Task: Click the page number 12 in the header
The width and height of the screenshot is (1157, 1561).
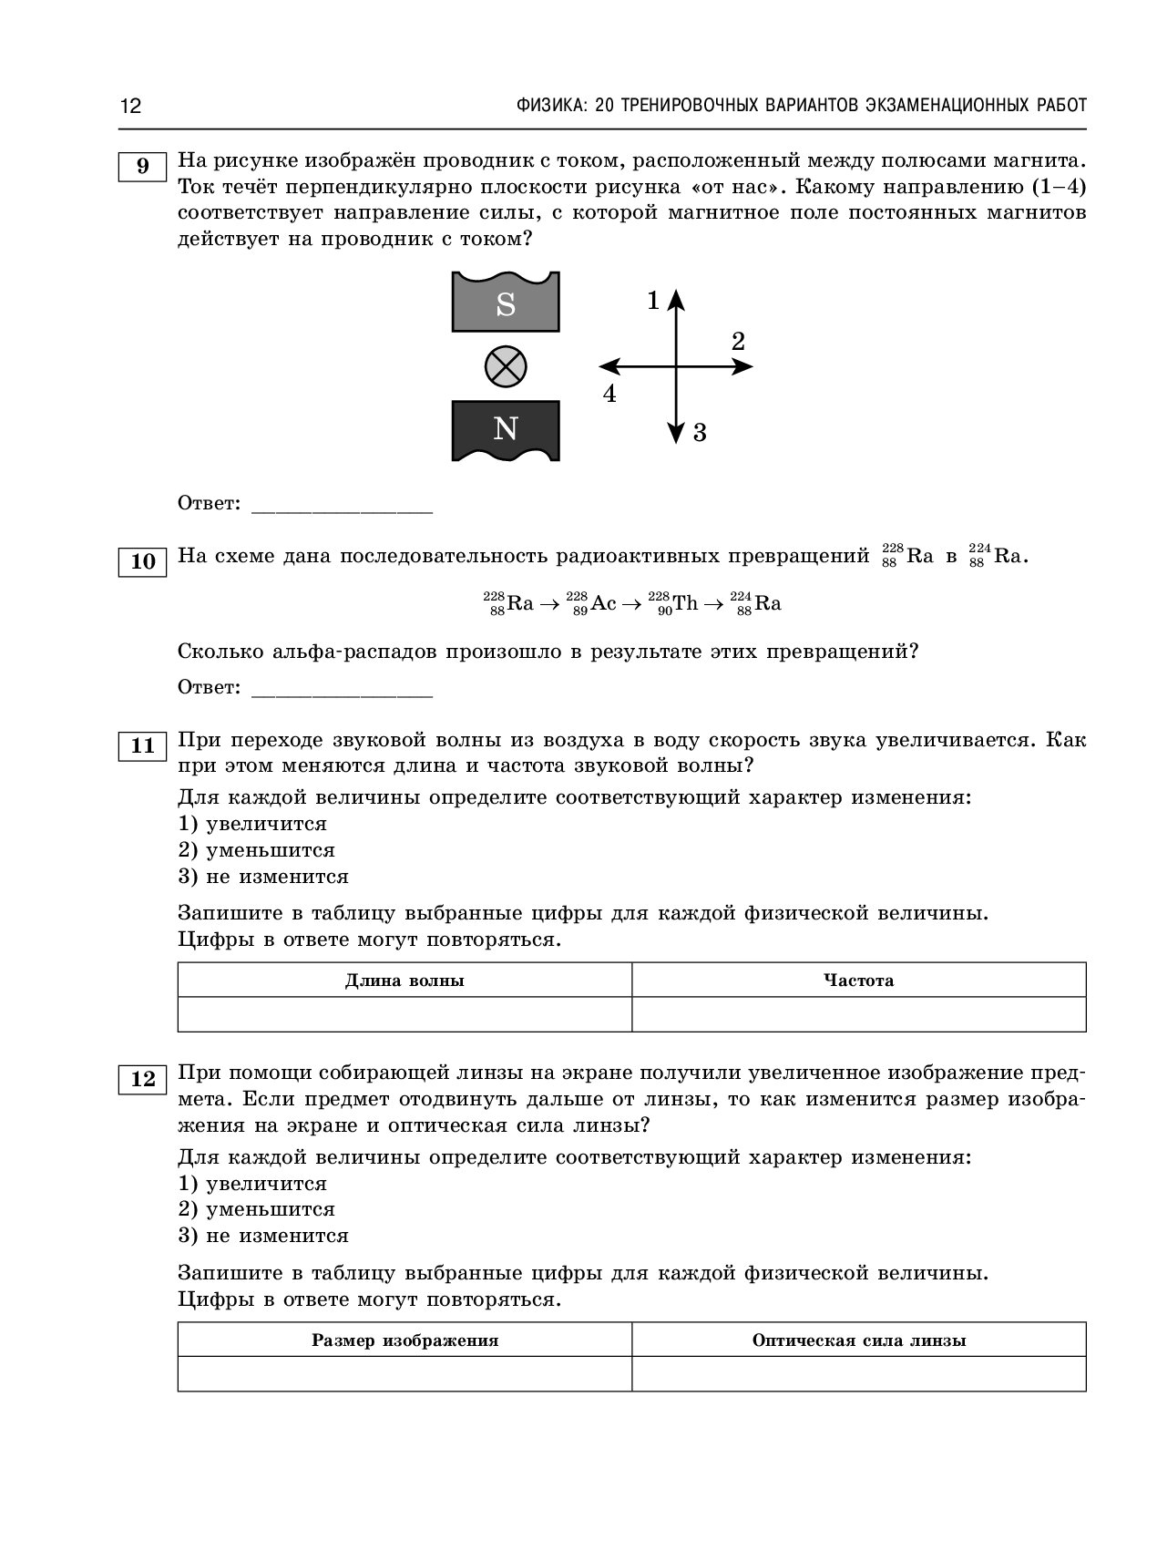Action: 130,106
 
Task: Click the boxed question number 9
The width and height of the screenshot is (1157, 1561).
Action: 142,167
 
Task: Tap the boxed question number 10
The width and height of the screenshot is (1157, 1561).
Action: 143,561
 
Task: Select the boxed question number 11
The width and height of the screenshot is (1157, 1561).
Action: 143,746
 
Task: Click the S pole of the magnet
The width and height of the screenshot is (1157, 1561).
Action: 506,303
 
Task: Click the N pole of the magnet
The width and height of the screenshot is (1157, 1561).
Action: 506,429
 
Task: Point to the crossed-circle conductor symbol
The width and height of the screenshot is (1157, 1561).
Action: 506,367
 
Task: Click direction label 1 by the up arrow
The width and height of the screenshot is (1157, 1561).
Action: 652,300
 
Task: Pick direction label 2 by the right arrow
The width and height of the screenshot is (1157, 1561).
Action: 738,342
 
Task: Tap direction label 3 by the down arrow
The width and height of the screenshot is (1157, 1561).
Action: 700,433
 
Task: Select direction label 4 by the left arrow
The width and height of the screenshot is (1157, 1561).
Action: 609,395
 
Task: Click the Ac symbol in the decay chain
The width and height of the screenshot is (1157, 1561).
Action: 603,603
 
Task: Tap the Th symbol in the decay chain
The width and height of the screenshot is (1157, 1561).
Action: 685,603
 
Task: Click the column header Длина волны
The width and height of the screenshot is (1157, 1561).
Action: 404,981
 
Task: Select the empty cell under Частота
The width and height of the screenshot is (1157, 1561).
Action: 858,1014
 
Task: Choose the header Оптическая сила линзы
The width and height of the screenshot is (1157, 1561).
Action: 858,1340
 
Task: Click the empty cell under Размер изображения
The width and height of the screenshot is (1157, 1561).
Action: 404,1374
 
